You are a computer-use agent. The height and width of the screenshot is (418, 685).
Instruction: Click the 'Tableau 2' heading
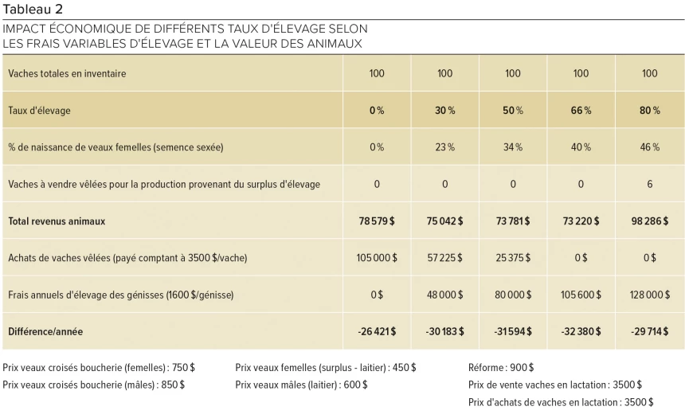(33, 9)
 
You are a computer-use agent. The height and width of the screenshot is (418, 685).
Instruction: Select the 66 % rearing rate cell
(581, 111)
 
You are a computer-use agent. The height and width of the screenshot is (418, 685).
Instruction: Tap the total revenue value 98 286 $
(649, 221)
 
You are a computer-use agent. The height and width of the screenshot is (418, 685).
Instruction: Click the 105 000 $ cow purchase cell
(377, 258)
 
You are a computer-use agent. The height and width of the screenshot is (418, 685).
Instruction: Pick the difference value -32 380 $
(581, 331)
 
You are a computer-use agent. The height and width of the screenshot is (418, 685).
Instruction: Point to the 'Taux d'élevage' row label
(39, 111)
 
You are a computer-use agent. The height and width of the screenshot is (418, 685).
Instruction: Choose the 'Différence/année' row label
(45, 331)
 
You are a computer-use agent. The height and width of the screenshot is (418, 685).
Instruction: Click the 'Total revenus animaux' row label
(57, 221)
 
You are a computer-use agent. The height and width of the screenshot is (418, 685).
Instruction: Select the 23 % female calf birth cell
(444, 147)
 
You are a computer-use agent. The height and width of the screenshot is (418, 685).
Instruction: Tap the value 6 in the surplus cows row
(649, 184)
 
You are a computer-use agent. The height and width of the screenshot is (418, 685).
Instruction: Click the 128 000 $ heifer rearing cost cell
(649, 295)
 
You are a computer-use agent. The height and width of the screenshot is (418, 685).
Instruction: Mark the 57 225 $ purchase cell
(444, 258)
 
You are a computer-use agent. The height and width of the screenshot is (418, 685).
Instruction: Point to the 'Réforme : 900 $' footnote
(501, 368)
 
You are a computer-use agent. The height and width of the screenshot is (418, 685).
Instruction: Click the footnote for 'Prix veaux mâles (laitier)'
(301, 385)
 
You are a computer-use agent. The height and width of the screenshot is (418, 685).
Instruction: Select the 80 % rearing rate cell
(649, 111)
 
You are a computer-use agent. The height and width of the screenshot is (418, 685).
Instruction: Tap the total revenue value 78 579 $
(377, 221)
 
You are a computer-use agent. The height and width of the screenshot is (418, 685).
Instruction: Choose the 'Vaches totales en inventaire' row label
(67, 74)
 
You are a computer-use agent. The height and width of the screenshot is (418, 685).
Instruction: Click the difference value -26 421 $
(377, 331)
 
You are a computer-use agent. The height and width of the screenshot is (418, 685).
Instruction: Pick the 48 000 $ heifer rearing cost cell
(444, 295)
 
